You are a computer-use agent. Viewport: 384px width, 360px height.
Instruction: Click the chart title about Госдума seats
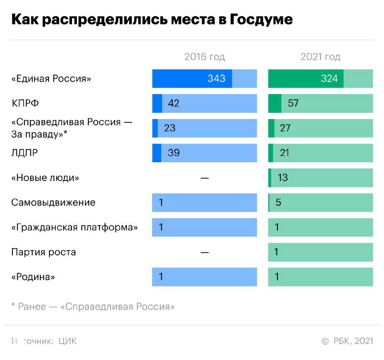[x=152, y=20]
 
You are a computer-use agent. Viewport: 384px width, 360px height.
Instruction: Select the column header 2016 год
[x=204, y=57]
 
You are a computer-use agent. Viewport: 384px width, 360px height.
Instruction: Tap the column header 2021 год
[x=320, y=57]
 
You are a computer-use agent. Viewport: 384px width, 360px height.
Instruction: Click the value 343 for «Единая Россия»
[x=216, y=79]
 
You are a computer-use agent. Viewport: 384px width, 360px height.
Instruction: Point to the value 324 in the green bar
[x=329, y=79]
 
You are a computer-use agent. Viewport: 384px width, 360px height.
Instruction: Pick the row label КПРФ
[x=24, y=103]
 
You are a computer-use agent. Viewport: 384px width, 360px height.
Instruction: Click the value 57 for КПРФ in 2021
[x=293, y=103]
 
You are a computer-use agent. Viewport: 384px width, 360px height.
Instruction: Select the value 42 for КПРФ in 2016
[x=173, y=103]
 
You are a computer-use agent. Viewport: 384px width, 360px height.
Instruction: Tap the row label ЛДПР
[x=24, y=153]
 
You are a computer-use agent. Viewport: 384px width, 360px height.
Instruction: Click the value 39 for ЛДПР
[x=173, y=153]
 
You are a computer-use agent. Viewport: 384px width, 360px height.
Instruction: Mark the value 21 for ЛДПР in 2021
[x=284, y=153]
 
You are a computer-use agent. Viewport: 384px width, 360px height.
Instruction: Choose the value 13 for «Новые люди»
[x=283, y=178]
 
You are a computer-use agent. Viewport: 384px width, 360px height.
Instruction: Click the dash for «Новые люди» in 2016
[x=204, y=178]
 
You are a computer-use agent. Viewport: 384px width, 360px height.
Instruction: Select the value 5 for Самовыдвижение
[x=278, y=203]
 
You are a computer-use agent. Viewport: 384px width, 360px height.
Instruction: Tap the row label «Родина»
[x=33, y=277]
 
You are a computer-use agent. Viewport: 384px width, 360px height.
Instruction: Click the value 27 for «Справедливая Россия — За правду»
[x=285, y=128]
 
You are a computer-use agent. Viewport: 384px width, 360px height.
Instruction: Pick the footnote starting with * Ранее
[x=93, y=306]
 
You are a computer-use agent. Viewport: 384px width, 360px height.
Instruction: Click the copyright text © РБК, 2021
[x=347, y=341]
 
